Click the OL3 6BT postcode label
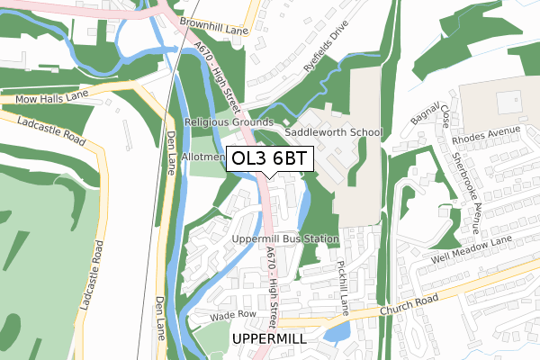coord(269,159)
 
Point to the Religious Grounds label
coord(229,121)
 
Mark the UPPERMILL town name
coord(269,338)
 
